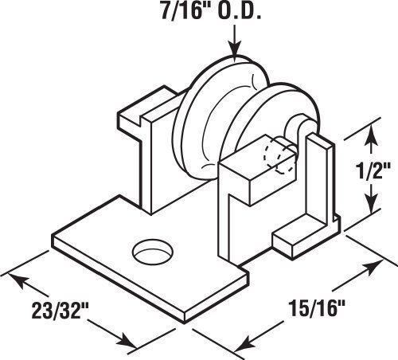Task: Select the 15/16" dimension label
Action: pyautogui.click(x=317, y=307)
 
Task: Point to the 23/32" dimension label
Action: pyautogui.click(x=60, y=310)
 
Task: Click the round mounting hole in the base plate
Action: pyautogui.click(x=153, y=252)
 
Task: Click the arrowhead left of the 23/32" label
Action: pyautogui.click(x=18, y=280)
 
